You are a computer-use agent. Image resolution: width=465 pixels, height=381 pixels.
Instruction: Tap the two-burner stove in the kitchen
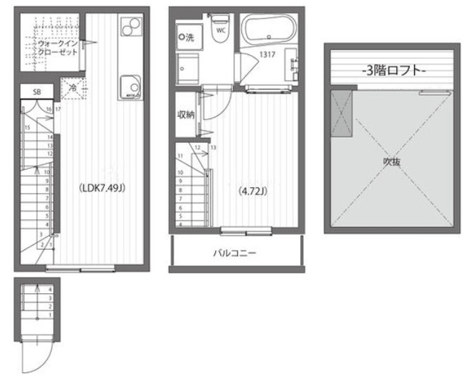tap(132, 29)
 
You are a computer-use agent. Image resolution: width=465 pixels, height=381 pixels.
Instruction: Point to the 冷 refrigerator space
tap(73, 86)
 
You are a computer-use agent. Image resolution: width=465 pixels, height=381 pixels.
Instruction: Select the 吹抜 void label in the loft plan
tap(392, 163)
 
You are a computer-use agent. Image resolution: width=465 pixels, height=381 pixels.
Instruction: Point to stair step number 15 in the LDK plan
tap(27, 128)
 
